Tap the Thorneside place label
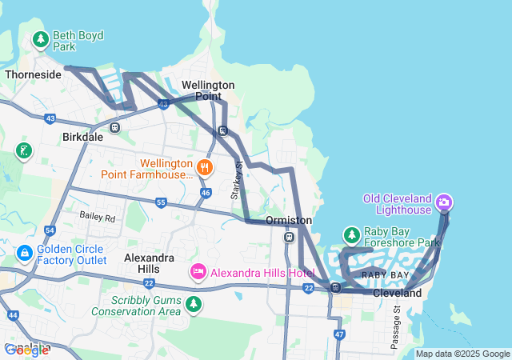coord(33,74)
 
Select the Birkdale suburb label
coord(82,137)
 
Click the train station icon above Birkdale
coord(115,126)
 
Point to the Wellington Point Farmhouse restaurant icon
coord(205,166)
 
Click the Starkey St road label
coord(237,180)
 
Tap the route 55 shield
coord(161,203)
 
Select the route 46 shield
coord(206,193)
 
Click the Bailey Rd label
coord(97,216)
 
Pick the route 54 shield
coord(50,230)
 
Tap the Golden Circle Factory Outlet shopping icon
coord(25,254)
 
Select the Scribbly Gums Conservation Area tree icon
coord(193,304)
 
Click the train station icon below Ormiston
coord(289,237)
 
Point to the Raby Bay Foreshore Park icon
coord(351,235)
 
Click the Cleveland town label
coord(397,294)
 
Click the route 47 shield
coord(339,333)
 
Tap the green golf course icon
coord(25,150)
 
